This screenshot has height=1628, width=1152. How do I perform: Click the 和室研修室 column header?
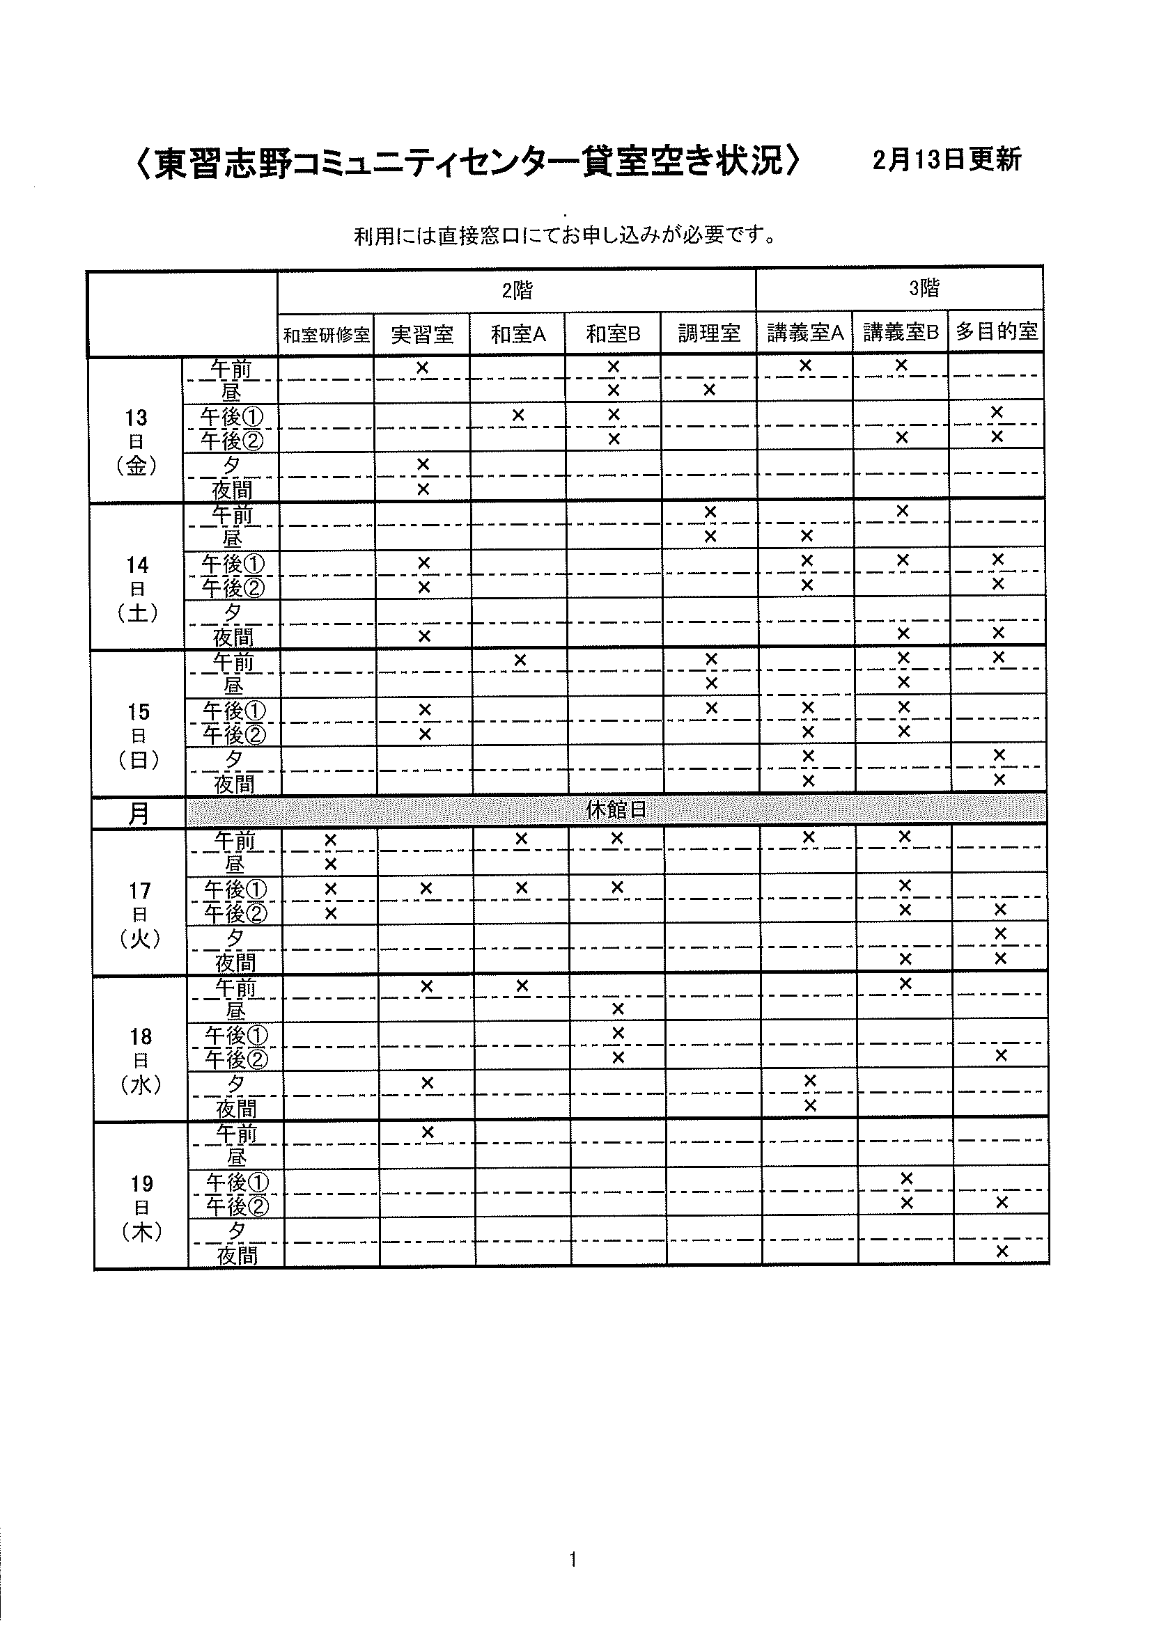pos(326,335)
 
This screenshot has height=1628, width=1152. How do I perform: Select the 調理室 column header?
pos(708,333)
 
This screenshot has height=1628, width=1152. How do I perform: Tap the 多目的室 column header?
pos(997,331)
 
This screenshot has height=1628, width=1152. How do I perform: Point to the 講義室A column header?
pos(805,333)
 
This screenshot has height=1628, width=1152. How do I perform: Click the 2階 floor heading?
pos(517,291)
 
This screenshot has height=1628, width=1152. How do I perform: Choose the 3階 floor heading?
pos(924,288)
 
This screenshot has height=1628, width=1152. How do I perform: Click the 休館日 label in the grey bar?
pos(616,809)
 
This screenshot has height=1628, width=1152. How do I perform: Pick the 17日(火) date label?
pos(140,915)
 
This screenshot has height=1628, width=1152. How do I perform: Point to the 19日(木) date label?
pos(142,1208)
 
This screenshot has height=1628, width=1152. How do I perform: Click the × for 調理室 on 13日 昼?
pos(709,390)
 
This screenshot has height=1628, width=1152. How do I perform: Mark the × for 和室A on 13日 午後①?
pos(517,415)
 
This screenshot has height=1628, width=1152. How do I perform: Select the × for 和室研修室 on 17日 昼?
pos(330,864)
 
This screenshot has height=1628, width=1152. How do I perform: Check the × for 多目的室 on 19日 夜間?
pos(1002,1251)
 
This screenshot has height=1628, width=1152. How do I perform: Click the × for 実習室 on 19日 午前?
pos(427,1132)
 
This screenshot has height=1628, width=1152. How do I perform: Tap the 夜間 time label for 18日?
pos(235,1108)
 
